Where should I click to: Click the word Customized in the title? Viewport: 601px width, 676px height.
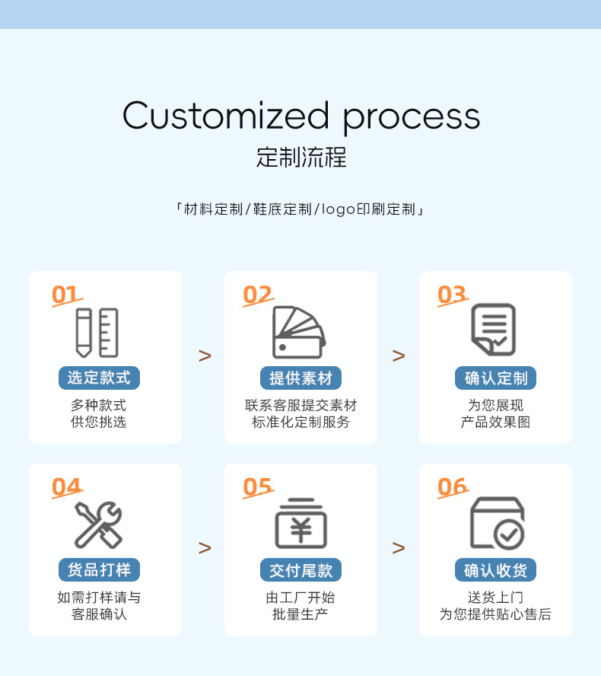point(225,116)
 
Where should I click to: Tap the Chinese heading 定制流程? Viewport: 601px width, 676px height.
point(301,157)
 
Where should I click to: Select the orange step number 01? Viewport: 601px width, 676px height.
point(65,295)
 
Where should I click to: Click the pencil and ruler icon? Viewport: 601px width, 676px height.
point(97,333)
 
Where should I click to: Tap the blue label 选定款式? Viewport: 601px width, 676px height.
point(99,378)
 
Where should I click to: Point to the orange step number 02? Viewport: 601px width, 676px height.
point(258,295)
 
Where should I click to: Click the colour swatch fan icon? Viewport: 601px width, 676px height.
point(299,333)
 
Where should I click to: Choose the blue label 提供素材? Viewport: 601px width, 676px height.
point(300,378)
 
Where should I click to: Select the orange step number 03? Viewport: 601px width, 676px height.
point(452,295)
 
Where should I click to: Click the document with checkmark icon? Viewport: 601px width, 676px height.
point(493,330)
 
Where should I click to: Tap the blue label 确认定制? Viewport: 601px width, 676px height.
point(496,378)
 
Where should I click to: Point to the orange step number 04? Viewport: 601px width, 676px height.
point(66,486)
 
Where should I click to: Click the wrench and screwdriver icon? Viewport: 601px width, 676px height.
point(98,525)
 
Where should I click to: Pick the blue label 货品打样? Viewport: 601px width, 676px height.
point(99,569)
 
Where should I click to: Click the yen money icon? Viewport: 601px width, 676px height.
point(300,524)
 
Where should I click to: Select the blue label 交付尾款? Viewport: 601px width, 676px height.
point(300,569)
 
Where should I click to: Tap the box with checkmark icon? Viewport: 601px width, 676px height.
point(497,524)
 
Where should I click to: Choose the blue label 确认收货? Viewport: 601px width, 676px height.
point(496,569)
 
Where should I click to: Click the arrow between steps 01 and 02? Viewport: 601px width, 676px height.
point(204,356)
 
